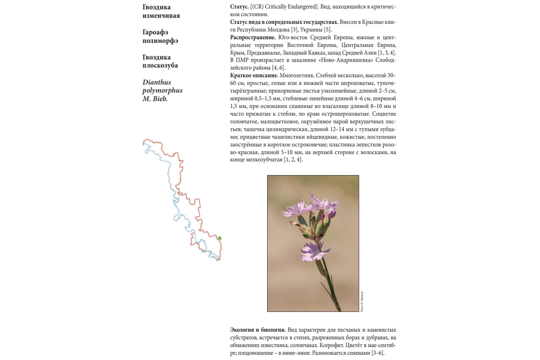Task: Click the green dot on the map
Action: [220, 238]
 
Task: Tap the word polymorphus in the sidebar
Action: [162, 90]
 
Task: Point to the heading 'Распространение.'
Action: [252, 37]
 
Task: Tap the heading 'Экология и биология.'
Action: [257, 330]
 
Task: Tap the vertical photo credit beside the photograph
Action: [362, 300]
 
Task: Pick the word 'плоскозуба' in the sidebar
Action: [160, 65]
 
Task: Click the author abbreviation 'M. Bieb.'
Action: [155, 99]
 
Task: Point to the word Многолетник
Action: [298, 75]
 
